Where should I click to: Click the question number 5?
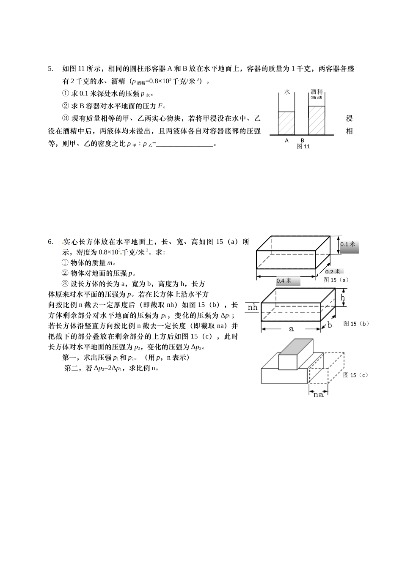pyautogui.click(x=50, y=69)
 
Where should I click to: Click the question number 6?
pyautogui.click(x=50, y=242)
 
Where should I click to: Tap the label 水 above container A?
pyautogui.click(x=287, y=92)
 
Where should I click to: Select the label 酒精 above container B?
pyautogui.click(x=317, y=92)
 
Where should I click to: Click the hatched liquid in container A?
pyautogui.click(x=286, y=123)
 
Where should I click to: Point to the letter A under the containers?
pyautogui.click(x=286, y=140)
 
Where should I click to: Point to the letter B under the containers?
pyautogui.click(x=303, y=140)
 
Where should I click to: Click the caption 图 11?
pyautogui.click(x=303, y=147)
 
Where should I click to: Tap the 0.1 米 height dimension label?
pyautogui.click(x=349, y=244)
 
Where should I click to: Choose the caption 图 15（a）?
pyautogui.click(x=336, y=280)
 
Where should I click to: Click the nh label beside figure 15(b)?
pyautogui.click(x=253, y=308)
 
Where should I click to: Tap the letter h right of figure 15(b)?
pyautogui.click(x=343, y=298)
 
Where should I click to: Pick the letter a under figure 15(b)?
pyautogui.click(x=291, y=328)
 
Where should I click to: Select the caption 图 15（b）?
pyautogui.click(x=356, y=324)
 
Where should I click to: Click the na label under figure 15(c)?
pyautogui.click(x=318, y=395)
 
